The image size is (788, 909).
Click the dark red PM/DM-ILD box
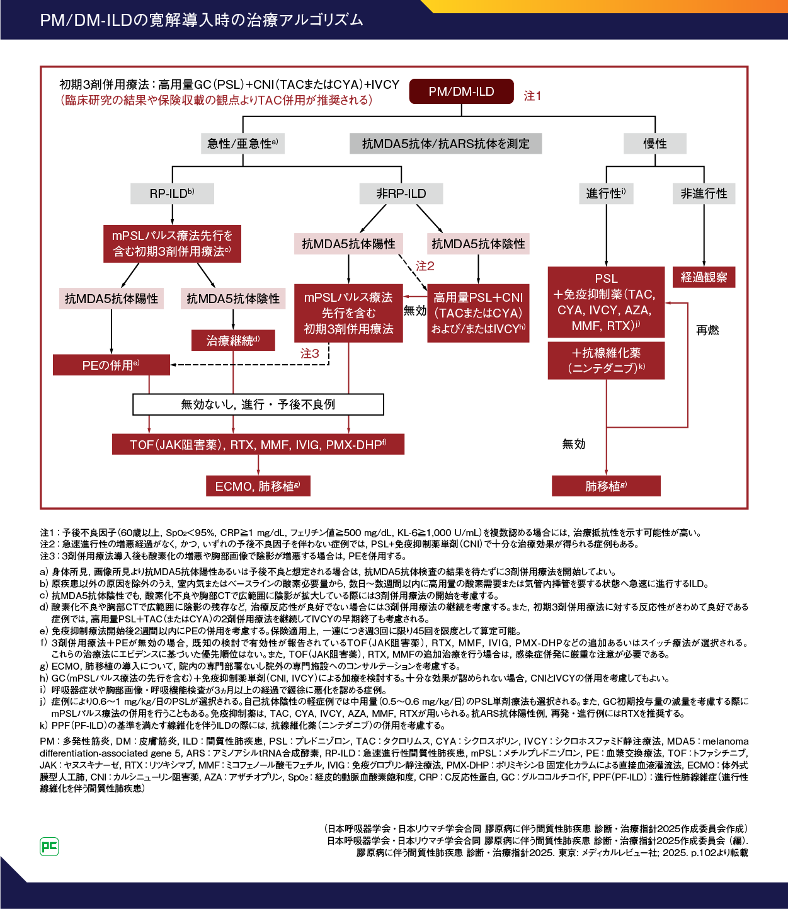(x=461, y=91)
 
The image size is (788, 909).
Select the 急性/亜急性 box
(x=243, y=144)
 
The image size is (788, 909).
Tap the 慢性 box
(x=654, y=144)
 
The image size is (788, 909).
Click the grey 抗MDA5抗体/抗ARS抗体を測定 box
(x=446, y=144)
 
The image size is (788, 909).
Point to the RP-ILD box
(x=172, y=193)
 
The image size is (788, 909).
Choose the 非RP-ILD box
(x=401, y=193)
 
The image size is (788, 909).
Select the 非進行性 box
(x=704, y=193)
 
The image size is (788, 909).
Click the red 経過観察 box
(x=704, y=277)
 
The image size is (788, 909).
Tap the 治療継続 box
(x=233, y=341)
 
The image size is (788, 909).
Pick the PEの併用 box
(x=111, y=365)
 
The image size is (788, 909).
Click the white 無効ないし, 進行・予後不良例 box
(x=258, y=404)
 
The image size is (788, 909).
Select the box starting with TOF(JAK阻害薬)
(x=258, y=445)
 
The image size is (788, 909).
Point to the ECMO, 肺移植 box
(x=258, y=486)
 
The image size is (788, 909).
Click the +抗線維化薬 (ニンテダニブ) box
(x=606, y=360)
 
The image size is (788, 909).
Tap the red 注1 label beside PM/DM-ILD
(x=532, y=96)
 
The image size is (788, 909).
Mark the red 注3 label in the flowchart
(x=309, y=353)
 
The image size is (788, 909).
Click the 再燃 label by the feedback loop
(x=707, y=330)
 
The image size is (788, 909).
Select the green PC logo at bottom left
(x=49, y=847)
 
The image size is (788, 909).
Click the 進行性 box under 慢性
(x=606, y=193)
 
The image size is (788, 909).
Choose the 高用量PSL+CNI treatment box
(x=478, y=313)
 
